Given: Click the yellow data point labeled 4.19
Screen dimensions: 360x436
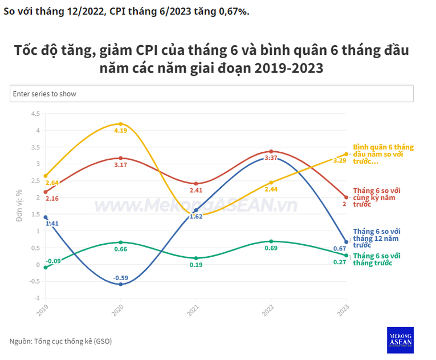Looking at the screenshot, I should (x=120, y=124).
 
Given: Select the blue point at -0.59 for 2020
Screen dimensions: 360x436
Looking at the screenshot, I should (x=120, y=284).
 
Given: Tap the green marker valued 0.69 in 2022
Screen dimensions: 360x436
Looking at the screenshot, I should (x=271, y=241).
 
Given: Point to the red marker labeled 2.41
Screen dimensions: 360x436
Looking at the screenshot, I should (x=196, y=184).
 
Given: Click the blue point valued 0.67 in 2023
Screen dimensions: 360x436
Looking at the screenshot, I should (x=346, y=242).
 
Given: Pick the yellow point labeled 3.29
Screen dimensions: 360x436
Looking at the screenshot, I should (x=346, y=154).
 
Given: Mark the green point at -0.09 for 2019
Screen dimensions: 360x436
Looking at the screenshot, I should (x=45, y=268).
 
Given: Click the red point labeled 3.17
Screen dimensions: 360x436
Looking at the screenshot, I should (x=120, y=158).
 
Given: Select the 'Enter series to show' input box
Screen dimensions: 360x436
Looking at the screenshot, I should (x=211, y=94).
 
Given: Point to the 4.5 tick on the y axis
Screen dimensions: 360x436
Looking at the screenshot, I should (x=35, y=114).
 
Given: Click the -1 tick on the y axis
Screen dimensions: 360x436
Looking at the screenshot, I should (x=37, y=298).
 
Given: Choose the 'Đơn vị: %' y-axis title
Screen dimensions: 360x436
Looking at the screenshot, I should (x=19, y=205).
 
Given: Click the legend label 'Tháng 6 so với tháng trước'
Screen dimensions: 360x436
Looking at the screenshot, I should (x=376, y=260).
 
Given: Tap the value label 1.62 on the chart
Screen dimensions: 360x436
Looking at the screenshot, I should (x=195, y=217).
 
